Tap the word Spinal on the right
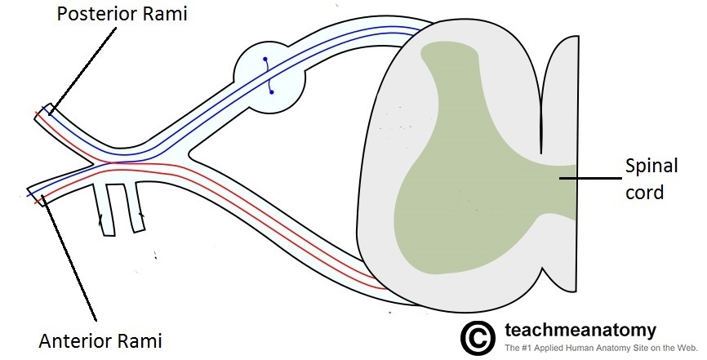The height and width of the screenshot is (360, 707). point(650,167)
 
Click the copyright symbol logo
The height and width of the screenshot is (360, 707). point(478,336)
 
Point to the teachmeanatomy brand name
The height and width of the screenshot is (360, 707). point(580,330)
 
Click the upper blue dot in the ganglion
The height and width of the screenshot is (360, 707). point(264,60)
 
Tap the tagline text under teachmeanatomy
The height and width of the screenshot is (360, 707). point(600,349)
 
